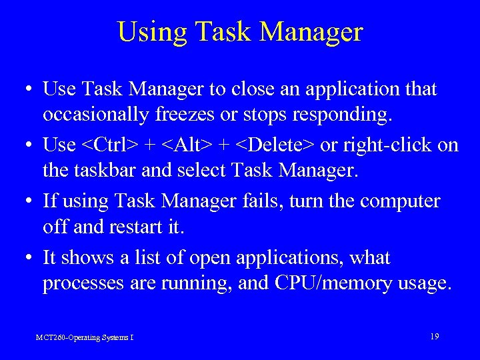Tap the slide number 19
click(434, 336)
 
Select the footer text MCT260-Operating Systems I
click(85, 337)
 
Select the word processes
click(78, 284)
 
